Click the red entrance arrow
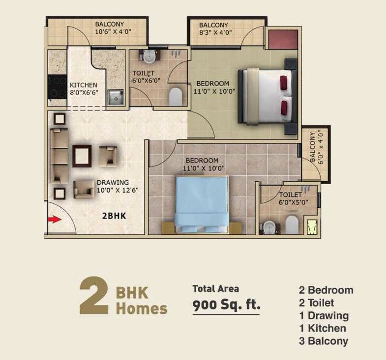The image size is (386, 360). pos(54,220)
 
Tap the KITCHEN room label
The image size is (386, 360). pos(83,85)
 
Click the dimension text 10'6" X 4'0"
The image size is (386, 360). pos(113,32)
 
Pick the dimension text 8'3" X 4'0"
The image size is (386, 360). pos(214,33)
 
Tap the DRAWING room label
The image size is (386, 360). pos(113,183)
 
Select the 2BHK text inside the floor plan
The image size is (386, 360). pos(113,216)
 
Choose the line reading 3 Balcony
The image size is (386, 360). pos(323,341)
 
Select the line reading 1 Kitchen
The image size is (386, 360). pos(322,329)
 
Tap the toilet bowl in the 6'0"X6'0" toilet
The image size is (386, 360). pos(176,97)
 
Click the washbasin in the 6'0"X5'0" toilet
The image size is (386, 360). pos(269,227)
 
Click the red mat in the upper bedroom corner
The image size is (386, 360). pos(282,39)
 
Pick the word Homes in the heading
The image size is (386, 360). pos(141,309)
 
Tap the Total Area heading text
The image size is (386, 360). pos(215,288)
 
